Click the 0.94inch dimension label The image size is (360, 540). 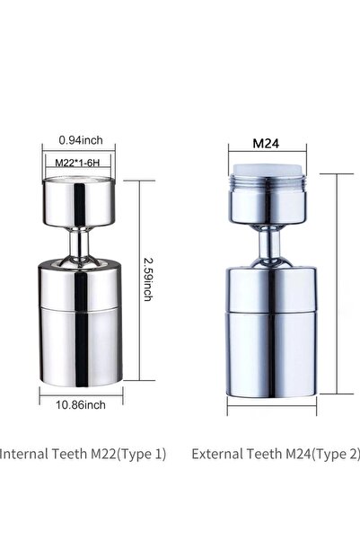pyautogui.click(x=81, y=140)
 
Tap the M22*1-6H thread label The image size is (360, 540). pyautogui.click(x=77, y=163)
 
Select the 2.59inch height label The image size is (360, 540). pyautogui.click(x=148, y=279)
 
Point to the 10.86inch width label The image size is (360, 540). pyautogui.click(x=81, y=404)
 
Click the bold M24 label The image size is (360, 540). pyautogui.click(x=266, y=143)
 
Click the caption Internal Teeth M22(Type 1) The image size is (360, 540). pyautogui.click(x=83, y=454)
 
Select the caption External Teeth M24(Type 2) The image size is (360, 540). pyautogui.click(x=276, y=454)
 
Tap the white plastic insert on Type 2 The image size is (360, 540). pyautogui.click(x=267, y=170)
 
